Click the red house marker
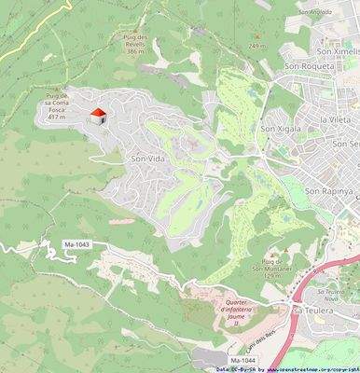click(98, 115)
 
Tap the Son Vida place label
click(149, 159)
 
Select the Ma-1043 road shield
click(76, 244)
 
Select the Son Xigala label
click(281, 129)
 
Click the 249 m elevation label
click(258, 44)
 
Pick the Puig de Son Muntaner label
click(272, 267)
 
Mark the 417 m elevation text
click(56, 117)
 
